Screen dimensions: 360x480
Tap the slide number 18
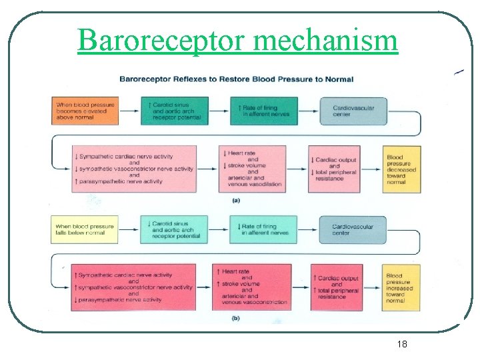tap(402, 344)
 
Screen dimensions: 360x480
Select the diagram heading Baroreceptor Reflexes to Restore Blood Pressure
tap(236, 79)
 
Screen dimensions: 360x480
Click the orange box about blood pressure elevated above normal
tap(85, 111)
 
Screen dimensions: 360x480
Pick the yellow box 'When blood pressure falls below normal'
tap(85, 229)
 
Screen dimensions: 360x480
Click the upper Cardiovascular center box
tap(353, 111)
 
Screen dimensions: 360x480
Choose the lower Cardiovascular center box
tap(353, 229)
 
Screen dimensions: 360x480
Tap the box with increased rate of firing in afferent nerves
tap(264, 111)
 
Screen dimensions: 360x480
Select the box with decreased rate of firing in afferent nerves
tap(264, 229)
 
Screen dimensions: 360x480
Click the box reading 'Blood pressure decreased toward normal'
tap(402, 169)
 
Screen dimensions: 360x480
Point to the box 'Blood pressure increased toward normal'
tap(402, 288)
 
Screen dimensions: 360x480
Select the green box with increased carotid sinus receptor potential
tap(174, 111)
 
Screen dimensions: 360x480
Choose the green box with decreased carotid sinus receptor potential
tap(174, 229)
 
